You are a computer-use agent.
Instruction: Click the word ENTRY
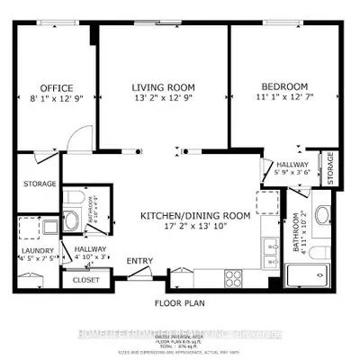point(139,262)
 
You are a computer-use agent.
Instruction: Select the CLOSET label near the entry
point(85,280)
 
